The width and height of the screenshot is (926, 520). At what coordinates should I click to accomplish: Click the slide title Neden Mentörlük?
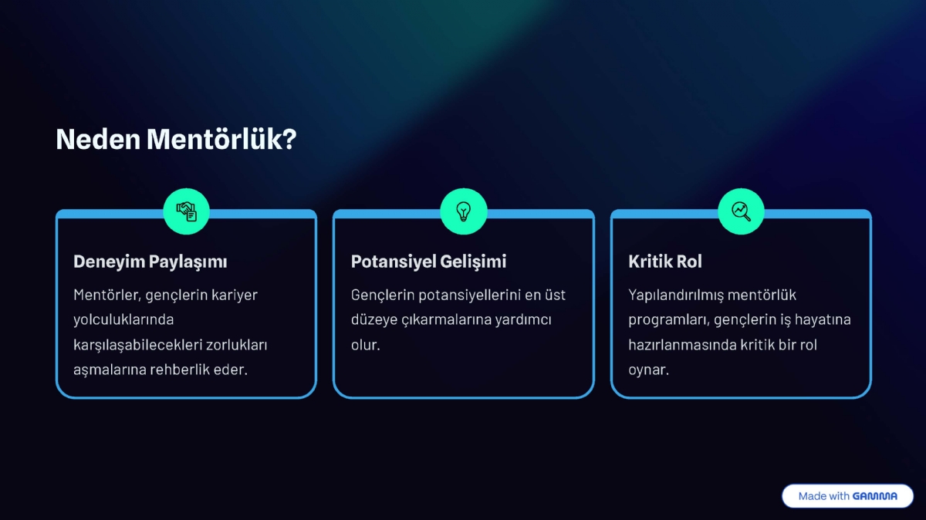coord(176,140)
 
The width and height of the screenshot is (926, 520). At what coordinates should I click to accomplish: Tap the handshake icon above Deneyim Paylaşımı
coord(187,211)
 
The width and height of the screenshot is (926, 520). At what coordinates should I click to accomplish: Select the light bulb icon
coord(463,211)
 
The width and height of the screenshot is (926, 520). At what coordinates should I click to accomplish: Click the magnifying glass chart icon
coord(741,211)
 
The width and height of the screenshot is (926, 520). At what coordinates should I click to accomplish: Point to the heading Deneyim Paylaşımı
coord(150,262)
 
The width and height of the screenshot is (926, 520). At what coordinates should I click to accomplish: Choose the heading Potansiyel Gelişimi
coord(428,262)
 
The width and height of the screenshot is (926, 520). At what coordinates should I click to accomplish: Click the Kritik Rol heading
coord(665,262)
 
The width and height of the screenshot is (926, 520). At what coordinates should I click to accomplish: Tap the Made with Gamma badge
coord(847,496)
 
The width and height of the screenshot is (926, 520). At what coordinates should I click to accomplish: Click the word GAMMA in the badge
coord(875,496)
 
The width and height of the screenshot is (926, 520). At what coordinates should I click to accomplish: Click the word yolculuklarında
coord(123,319)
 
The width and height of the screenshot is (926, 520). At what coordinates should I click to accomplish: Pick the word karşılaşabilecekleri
coord(137,345)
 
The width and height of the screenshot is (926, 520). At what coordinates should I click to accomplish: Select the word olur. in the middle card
coord(366,345)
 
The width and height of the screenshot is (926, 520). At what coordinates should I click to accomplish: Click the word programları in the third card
coord(667,319)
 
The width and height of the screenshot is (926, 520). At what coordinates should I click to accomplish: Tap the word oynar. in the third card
coord(648,370)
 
